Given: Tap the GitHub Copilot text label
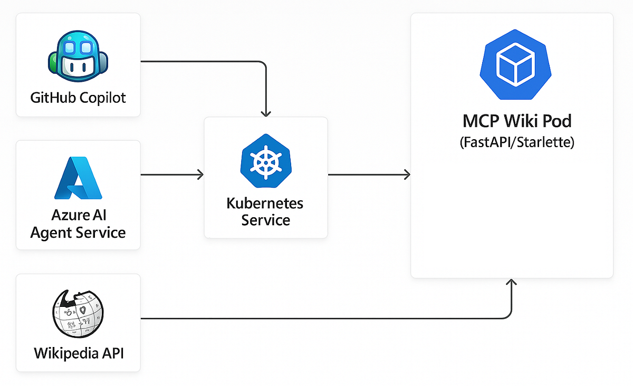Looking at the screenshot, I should click(x=78, y=98).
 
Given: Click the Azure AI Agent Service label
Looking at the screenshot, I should click(x=78, y=224).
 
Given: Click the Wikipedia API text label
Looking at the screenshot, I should click(x=79, y=353).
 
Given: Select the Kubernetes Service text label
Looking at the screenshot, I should click(x=265, y=211).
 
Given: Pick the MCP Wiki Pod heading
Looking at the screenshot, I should click(x=516, y=121).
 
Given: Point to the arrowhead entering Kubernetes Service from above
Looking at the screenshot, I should click(x=266, y=113).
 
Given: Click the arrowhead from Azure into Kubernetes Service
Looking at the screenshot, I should click(x=200, y=174).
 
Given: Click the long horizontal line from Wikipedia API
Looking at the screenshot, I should click(x=316, y=319).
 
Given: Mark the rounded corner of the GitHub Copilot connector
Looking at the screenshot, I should click(x=263, y=64).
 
